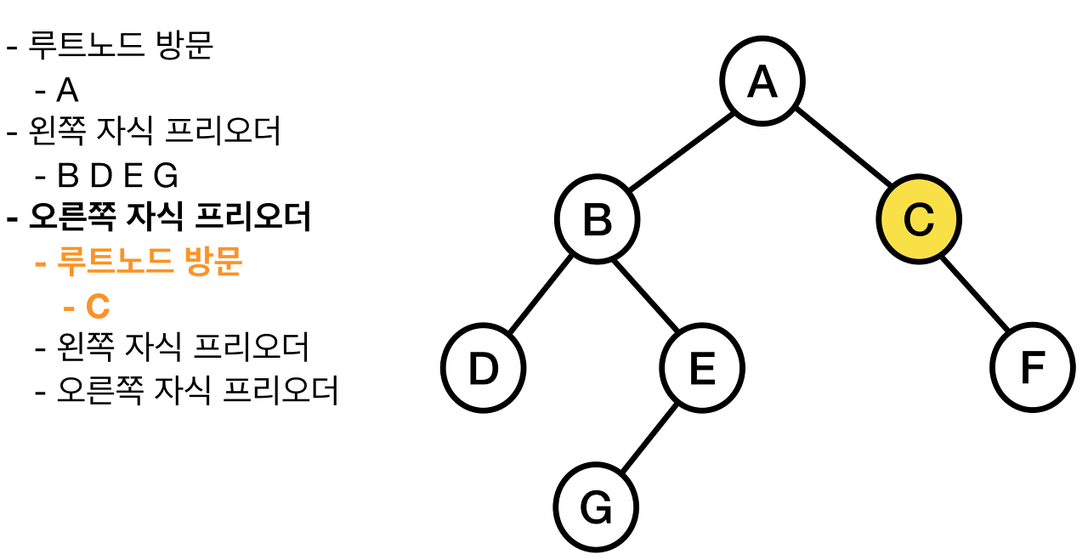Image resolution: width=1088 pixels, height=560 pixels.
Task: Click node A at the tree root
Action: (x=762, y=81)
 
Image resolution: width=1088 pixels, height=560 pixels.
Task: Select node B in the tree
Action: (x=597, y=219)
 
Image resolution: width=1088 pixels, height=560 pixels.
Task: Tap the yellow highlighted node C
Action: (x=918, y=218)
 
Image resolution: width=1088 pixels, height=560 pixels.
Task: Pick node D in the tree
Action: (x=483, y=368)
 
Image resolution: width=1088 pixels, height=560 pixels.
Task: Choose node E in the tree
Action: (x=702, y=368)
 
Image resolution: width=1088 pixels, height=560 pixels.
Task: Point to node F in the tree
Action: (x=1032, y=368)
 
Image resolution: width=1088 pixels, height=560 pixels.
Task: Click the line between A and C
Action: (x=841, y=150)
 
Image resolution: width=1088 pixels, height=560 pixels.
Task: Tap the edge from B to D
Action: (x=540, y=294)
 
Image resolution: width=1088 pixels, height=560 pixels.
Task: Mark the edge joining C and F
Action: (x=975, y=293)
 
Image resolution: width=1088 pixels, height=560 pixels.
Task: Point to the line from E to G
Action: (x=649, y=438)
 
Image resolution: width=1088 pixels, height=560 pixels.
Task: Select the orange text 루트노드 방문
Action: (x=149, y=263)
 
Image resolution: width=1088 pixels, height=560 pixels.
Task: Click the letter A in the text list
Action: (x=67, y=90)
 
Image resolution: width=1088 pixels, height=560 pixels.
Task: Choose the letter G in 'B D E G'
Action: (x=166, y=176)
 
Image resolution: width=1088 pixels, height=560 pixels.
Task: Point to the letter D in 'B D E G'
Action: (x=101, y=176)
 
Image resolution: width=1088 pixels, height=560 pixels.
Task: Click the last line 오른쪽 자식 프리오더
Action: (x=197, y=391)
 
